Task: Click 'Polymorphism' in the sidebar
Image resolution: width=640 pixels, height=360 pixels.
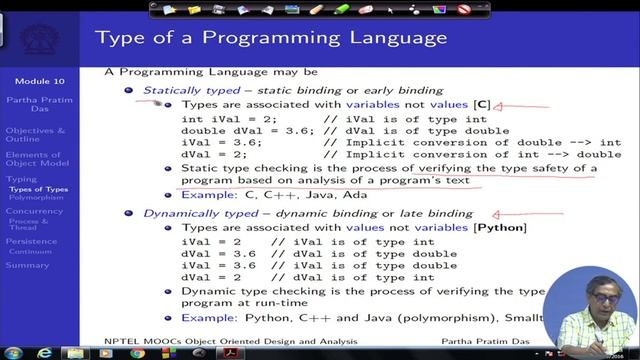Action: click(37, 198)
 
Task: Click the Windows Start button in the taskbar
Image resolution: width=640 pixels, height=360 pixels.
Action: click(14, 349)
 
